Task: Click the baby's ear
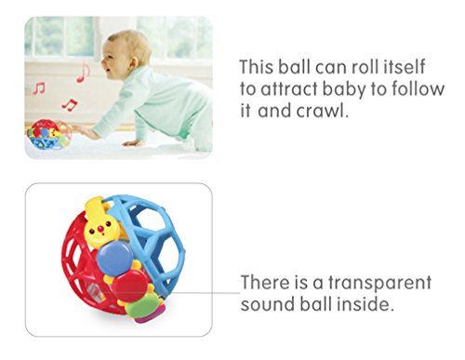click(x=134, y=61)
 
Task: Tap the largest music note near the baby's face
click(x=83, y=72)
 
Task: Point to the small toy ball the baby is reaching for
click(x=49, y=135)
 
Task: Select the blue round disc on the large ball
click(x=114, y=259)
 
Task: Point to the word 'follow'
click(x=418, y=88)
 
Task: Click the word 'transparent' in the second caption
click(x=379, y=282)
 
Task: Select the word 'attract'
click(x=288, y=89)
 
